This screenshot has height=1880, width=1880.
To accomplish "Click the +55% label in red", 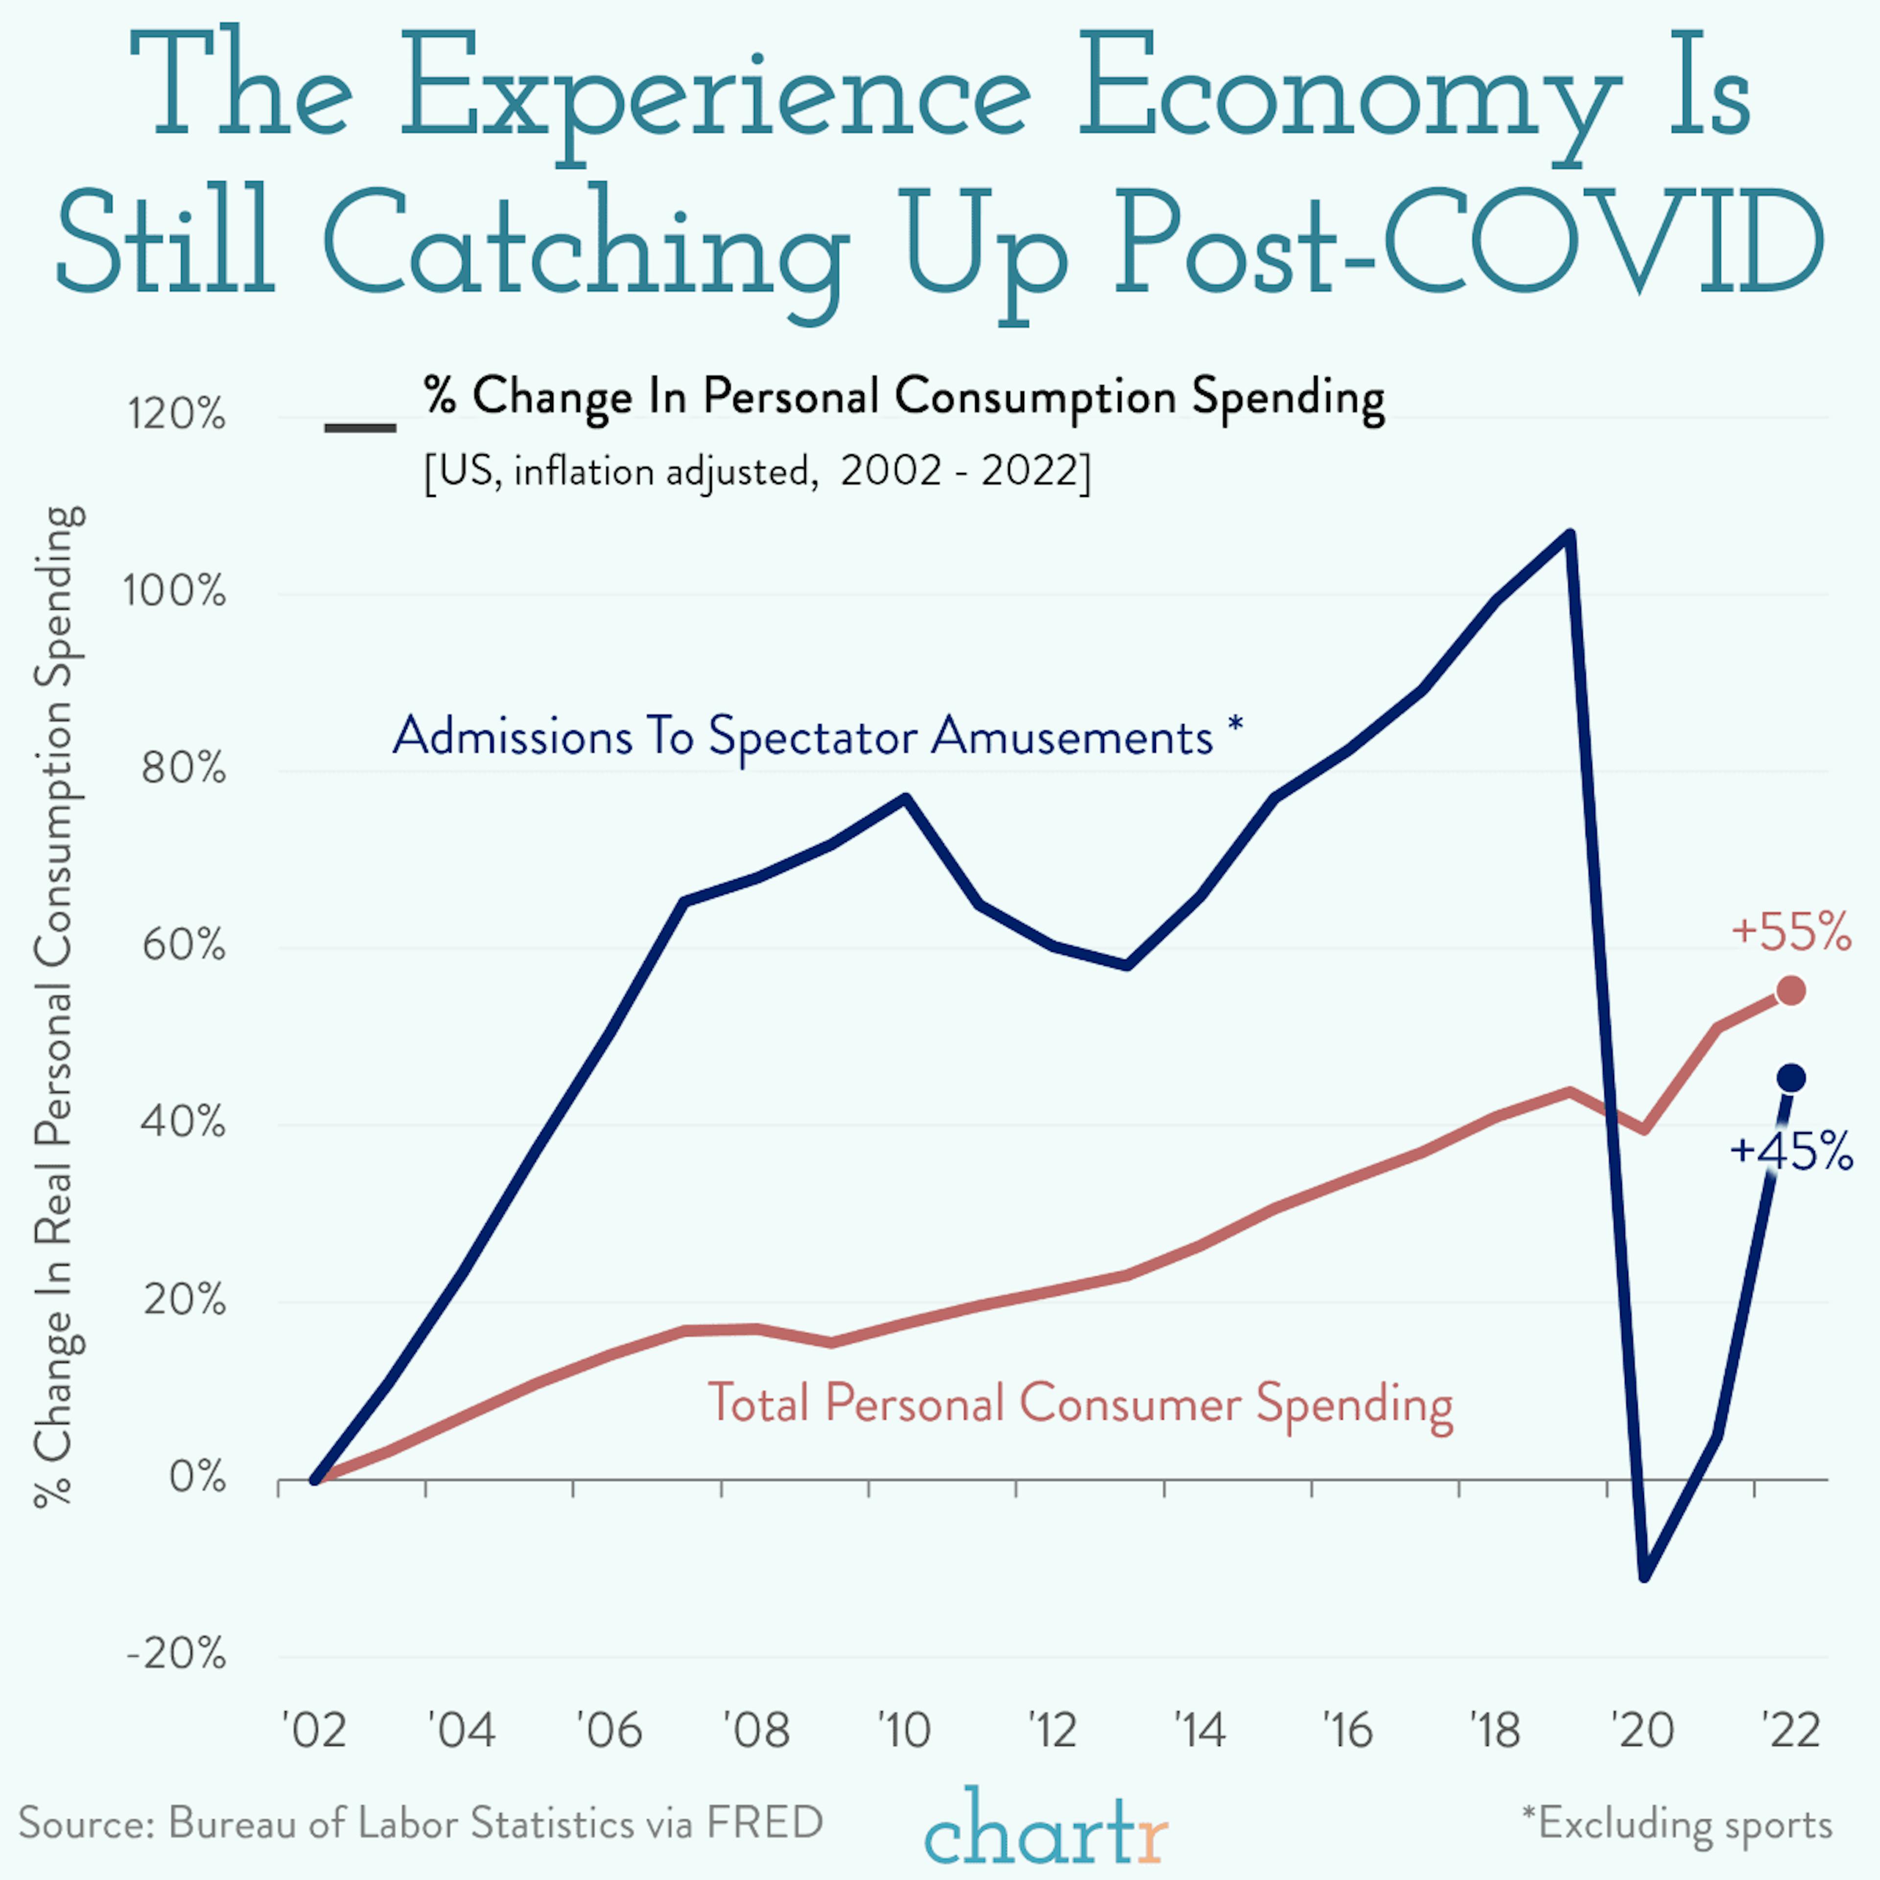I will tap(1790, 932).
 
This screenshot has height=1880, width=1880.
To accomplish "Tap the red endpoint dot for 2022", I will tap(1790, 990).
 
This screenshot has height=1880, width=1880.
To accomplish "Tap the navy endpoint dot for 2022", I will tap(1790, 1078).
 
